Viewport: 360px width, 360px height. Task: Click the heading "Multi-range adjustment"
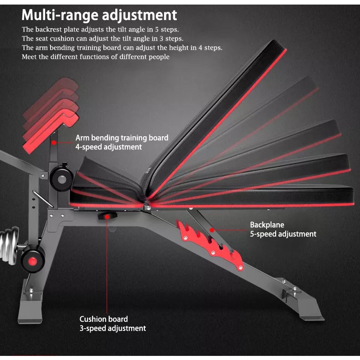[x=99, y=15]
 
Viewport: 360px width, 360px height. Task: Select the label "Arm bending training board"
[x=122, y=138]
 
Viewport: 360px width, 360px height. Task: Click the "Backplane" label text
[x=267, y=225]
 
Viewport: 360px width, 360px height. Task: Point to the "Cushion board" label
[x=103, y=319]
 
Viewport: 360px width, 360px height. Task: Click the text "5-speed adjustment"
[x=283, y=234]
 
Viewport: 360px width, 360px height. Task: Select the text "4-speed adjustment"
[x=108, y=147]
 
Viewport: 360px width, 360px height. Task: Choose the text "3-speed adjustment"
[x=113, y=328]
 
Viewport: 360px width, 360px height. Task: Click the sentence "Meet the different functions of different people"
[x=96, y=57]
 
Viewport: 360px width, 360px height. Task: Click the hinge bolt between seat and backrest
[x=147, y=207]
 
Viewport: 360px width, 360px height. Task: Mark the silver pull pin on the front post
[x=42, y=200]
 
